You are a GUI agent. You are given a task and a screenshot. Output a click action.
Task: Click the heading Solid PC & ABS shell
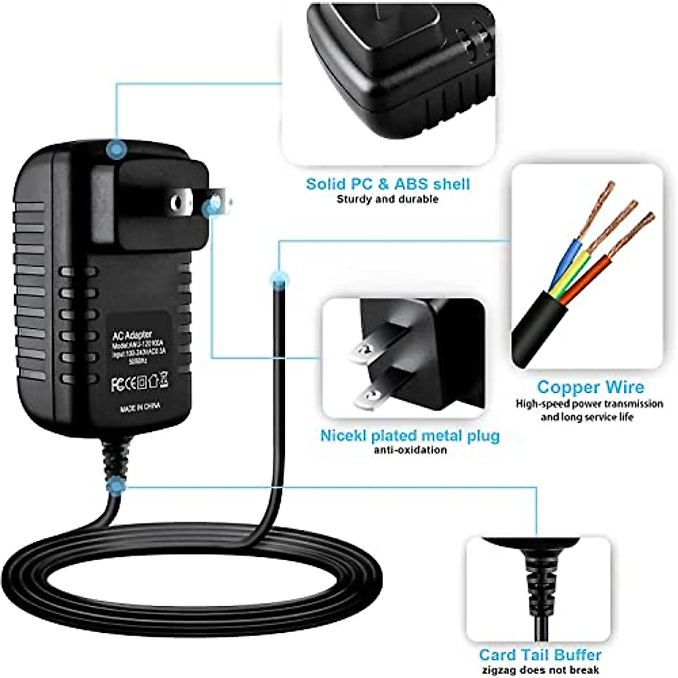coord(388,184)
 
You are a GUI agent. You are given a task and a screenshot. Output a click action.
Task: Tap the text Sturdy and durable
coord(388,199)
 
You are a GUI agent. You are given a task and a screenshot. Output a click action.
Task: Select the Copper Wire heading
coord(590,387)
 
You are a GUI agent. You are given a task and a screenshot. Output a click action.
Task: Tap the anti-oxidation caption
coord(410,450)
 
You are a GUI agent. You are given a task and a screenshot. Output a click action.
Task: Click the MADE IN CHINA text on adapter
coord(140,407)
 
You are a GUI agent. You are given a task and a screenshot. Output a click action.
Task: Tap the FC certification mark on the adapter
coord(118,385)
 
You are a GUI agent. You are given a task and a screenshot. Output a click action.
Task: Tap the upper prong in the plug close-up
coord(367,350)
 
